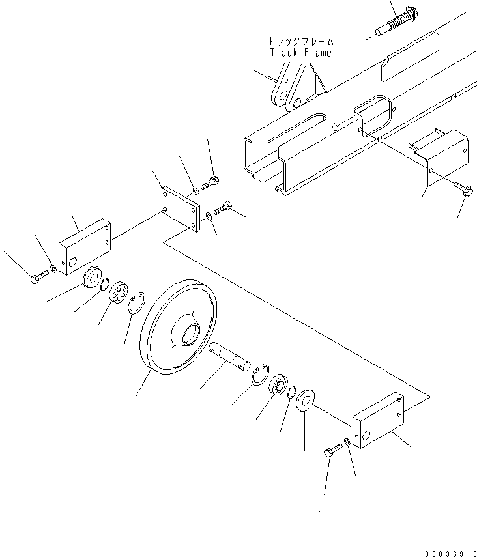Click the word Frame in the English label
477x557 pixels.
[x=317, y=52]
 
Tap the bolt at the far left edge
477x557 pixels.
[x=36, y=279]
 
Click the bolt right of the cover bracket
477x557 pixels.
[x=465, y=190]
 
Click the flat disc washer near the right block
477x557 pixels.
[x=304, y=398]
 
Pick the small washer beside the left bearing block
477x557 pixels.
[x=53, y=269]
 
